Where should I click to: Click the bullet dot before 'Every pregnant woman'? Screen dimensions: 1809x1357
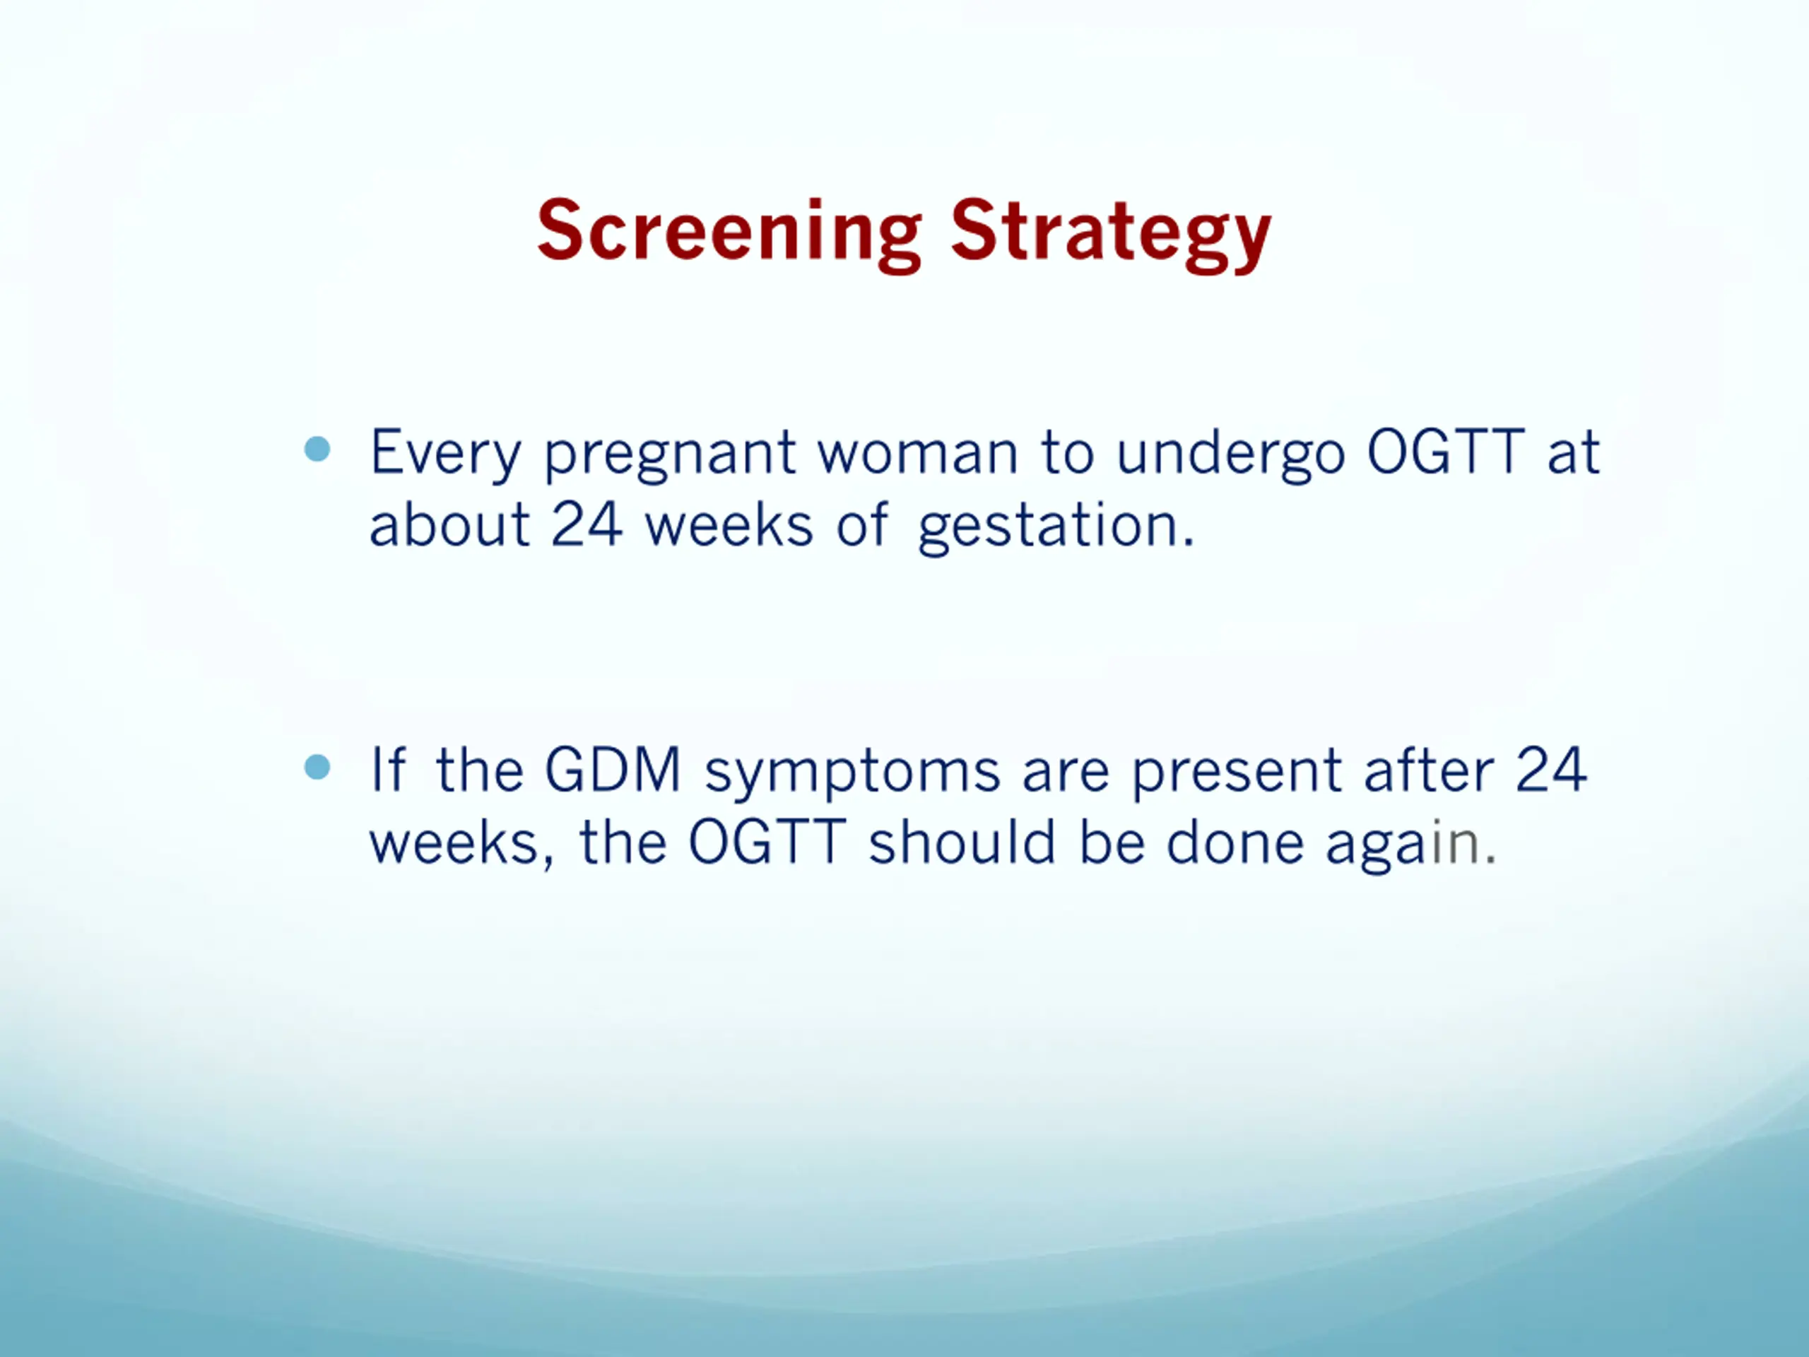[317, 449]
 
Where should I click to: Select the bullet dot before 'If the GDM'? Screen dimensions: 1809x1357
[317, 768]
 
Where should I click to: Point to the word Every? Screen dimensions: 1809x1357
[446, 454]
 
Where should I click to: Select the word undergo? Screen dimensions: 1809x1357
[1231, 454]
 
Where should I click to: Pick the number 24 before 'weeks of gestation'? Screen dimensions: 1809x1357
[587, 524]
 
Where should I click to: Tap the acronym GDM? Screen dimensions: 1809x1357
[613, 770]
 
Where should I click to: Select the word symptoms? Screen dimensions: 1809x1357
[853, 774]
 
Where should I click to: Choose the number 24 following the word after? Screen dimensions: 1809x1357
[1551, 769]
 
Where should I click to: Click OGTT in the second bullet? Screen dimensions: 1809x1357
[766, 842]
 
